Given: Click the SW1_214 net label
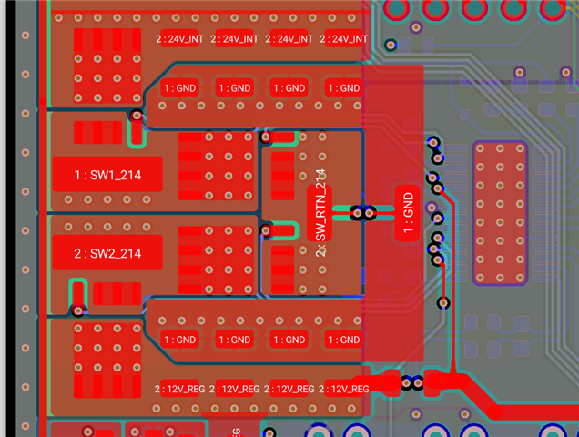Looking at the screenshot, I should point(107,174).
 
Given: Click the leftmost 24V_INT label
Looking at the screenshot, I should point(178,39).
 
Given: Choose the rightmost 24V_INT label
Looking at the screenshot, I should point(344,39).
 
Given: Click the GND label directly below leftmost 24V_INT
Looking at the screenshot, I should point(179,87).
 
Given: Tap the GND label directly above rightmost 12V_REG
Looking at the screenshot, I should point(344,340).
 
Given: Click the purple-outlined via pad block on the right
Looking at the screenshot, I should point(499,214).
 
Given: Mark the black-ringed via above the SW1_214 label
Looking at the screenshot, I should point(137,116).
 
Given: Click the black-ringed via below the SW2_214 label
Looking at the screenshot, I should point(78,310).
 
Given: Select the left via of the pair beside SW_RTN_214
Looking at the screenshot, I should point(358,213).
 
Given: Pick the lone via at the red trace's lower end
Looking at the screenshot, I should point(445,302).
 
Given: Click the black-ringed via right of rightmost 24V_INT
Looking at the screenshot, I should point(390,44).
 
